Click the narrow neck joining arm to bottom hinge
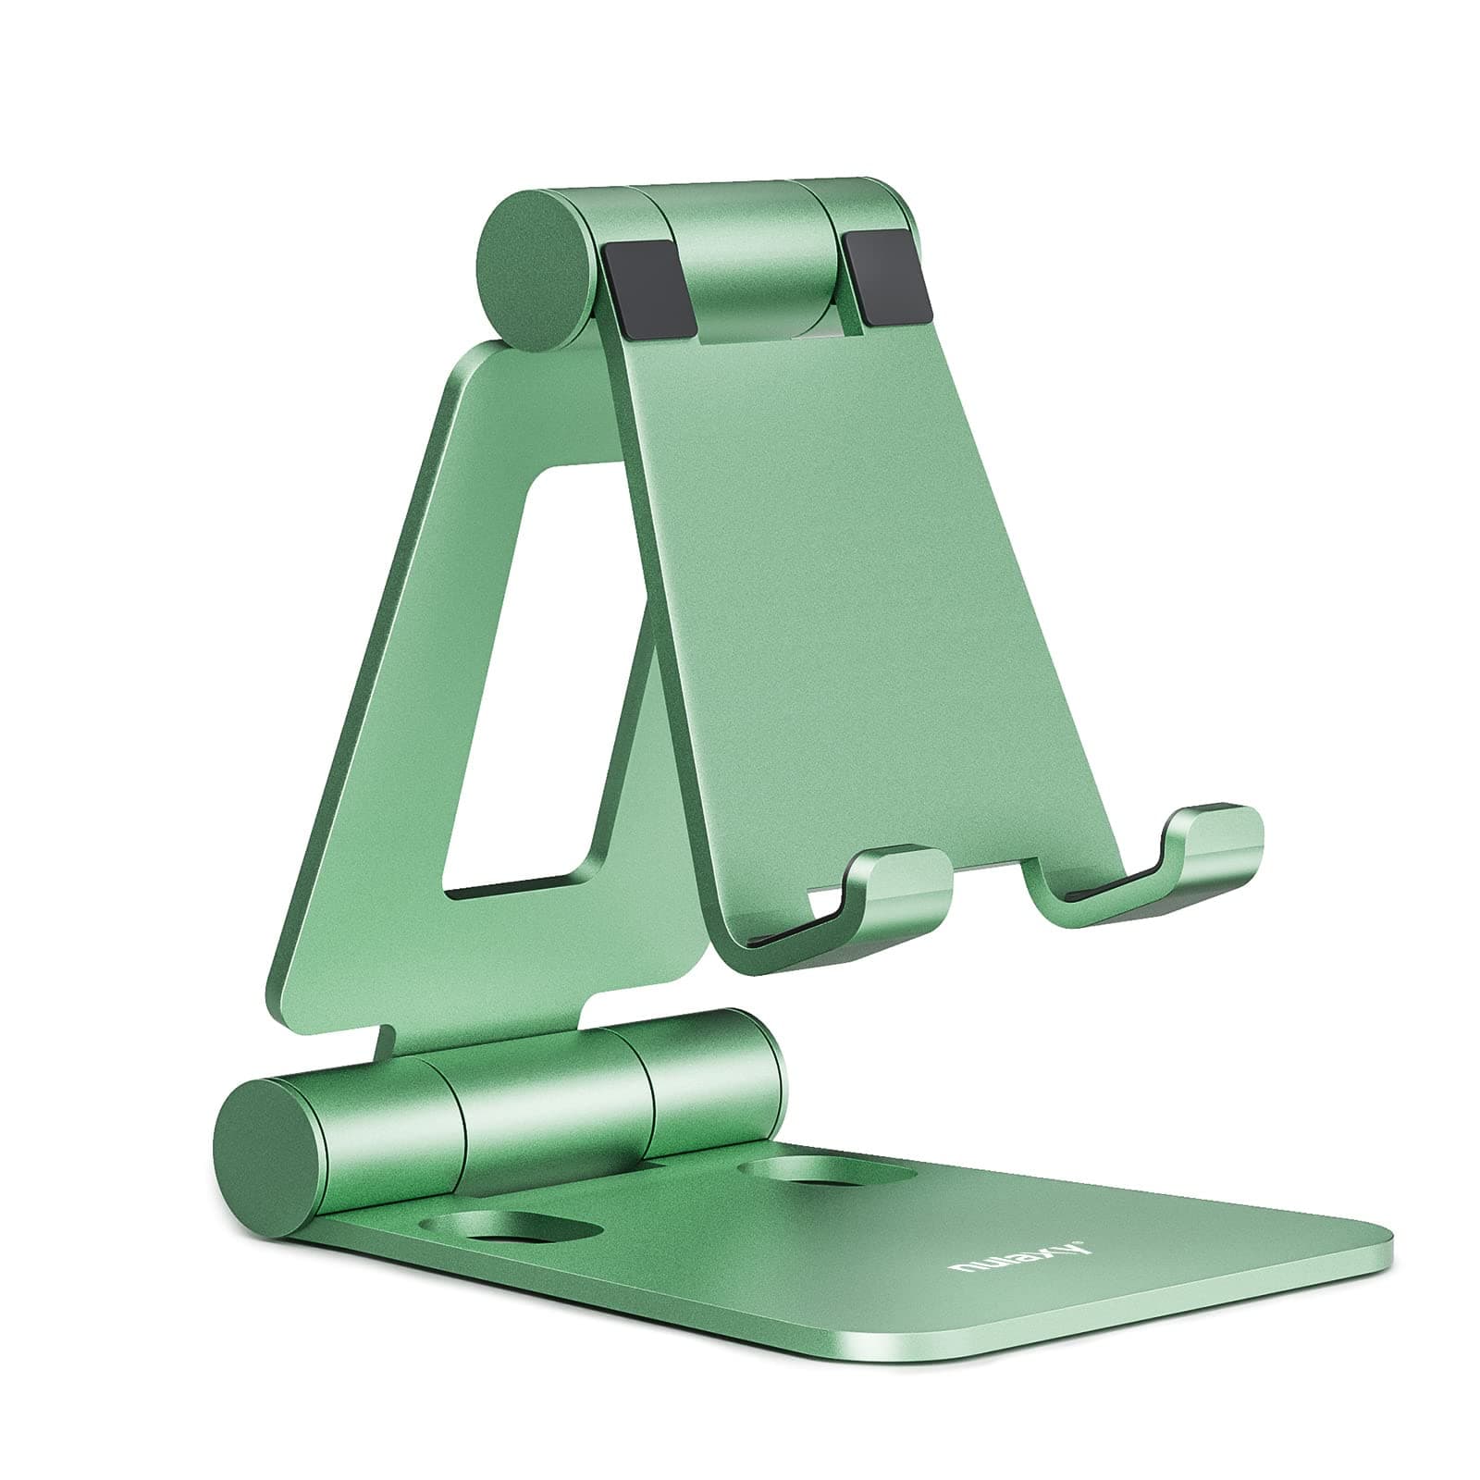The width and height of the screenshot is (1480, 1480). [x=481, y=1031]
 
